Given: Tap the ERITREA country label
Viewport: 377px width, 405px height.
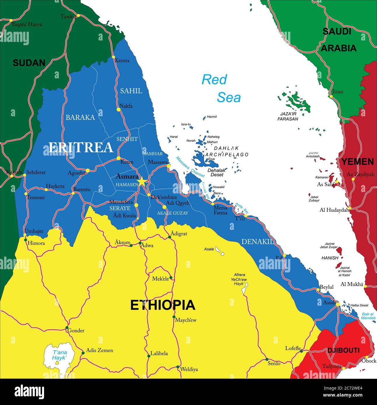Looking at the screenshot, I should click(81, 147).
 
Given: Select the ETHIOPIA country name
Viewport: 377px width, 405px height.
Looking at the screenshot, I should click(162, 305).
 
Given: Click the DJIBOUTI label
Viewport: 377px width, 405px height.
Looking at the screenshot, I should click(343, 350).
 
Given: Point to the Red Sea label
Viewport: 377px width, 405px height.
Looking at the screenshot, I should click(221, 88).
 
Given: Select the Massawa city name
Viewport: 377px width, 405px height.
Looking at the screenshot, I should click(158, 162).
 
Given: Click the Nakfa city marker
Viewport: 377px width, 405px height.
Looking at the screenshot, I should click(118, 110).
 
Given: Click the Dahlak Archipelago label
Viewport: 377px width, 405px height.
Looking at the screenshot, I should click(227, 151).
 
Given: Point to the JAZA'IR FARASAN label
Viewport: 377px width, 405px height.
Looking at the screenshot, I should click(287, 116).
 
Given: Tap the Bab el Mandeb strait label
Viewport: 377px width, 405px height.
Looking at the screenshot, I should click(368, 316).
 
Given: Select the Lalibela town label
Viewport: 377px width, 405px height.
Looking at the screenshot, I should click(159, 353).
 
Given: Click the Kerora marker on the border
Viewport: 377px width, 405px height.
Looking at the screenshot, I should click(114, 57).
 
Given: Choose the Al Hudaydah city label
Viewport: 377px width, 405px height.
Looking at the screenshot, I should click(334, 210).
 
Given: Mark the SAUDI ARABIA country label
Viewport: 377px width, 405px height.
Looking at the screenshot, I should click(338, 40).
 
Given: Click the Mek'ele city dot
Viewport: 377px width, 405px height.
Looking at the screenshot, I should click(171, 278).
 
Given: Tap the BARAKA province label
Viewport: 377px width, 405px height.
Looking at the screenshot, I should click(80, 117).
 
